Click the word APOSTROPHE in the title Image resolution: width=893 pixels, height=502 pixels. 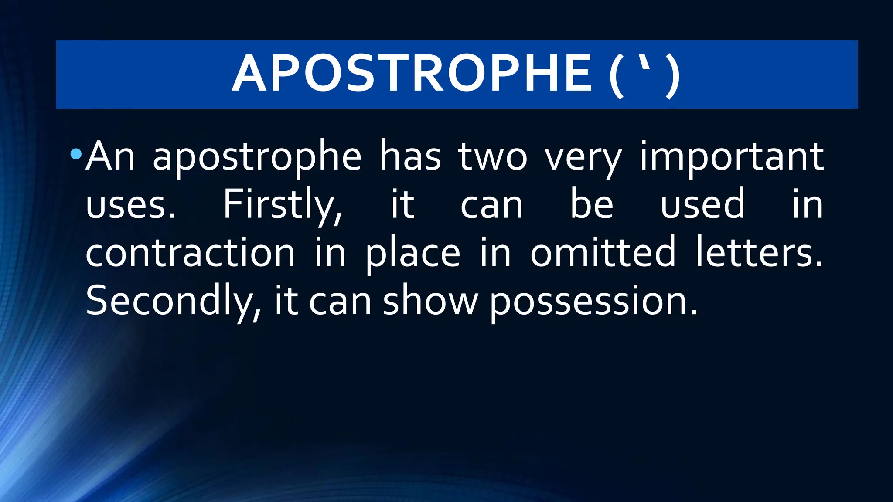pyautogui.click(x=412, y=74)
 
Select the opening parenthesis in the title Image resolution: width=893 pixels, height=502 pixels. pyautogui.click(x=616, y=75)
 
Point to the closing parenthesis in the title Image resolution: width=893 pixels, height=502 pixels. pyautogui.click(x=673, y=75)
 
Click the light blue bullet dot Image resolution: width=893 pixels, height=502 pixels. pyautogui.click(x=76, y=153)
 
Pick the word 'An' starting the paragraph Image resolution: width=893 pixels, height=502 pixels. pyautogui.click(x=110, y=156)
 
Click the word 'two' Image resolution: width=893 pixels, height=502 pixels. pyautogui.click(x=493, y=157)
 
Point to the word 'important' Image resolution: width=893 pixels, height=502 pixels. pyautogui.click(x=732, y=157)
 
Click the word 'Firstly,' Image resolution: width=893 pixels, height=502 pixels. pyautogui.click(x=283, y=205)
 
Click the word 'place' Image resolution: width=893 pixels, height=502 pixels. pyautogui.click(x=412, y=254)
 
